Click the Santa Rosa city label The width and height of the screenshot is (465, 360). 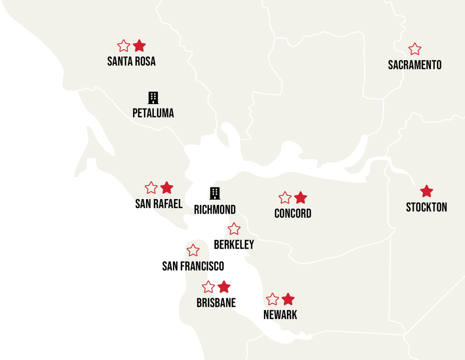click(131, 61)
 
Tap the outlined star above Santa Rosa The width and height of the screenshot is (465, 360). click(124, 46)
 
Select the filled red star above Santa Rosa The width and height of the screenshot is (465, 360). click(139, 45)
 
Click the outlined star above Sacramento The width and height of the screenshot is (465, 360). click(415, 49)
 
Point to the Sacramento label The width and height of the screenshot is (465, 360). click(415, 65)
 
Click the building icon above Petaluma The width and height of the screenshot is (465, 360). click(153, 98)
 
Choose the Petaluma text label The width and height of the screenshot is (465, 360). click(153, 113)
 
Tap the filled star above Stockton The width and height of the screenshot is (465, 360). click(426, 191)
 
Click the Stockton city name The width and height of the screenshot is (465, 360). click(426, 208)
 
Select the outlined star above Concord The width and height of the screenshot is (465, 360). click(285, 198)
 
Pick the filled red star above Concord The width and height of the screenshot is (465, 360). click(301, 198)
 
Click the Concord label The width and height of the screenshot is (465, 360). click(293, 214)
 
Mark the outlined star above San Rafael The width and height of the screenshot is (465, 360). click(151, 188)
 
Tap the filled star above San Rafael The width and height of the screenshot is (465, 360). click(167, 188)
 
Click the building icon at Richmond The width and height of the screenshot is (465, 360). click(215, 193)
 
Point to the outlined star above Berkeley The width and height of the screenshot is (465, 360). click(234, 229)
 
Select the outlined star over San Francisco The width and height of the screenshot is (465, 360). click(193, 250)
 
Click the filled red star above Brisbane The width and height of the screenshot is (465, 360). click(224, 287)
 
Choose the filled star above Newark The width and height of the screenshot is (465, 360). click(288, 299)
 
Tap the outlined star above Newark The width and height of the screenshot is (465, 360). click(272, 299)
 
